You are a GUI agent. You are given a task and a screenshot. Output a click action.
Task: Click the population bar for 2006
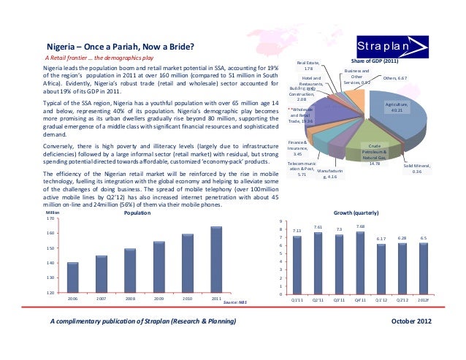(x=72, y=277)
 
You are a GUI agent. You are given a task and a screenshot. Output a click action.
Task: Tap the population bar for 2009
(x=158, y=267)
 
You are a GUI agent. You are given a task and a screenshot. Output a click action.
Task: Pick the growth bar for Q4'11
(x=360, y=263)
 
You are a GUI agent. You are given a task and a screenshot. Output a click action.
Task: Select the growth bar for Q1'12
(x=381, y=269)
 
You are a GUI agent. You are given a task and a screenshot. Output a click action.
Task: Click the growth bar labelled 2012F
(x=423, y=269)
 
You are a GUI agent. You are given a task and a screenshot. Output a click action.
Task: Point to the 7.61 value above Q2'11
(x=318, y=227)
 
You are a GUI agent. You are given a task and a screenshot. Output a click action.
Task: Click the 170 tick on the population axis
(x=50, y=218)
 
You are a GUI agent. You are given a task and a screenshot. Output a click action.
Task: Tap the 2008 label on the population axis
(x=130, y=299)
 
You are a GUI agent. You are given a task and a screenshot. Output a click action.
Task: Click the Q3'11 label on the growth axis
(x=339, y=299)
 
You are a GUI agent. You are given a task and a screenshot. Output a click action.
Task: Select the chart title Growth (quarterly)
(x=356, y=213)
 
